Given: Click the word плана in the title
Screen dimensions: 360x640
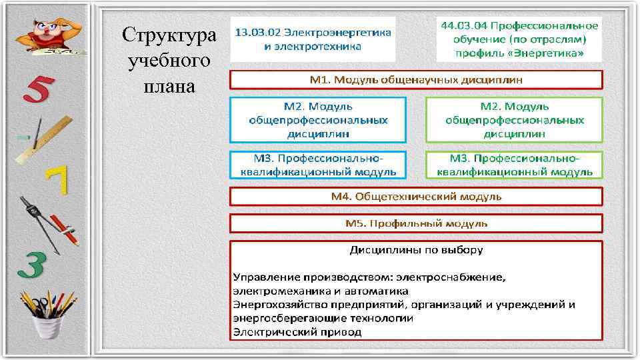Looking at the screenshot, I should pyautogui.click(x=169, y=87).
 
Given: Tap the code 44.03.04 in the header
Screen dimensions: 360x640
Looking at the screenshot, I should pyautogui.click(x=465, y=26).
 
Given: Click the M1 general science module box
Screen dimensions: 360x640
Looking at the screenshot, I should pyautogui.click(x=416, y=80).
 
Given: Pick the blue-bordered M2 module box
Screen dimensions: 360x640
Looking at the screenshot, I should pyautogui.click(x=318, y=120).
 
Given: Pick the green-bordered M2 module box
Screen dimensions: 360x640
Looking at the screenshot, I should pyautogui.click(x=514, y=120).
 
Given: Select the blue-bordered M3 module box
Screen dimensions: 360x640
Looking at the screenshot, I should pyautogui.click(x=318, y=165).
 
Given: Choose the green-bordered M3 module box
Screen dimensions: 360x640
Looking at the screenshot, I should pyautogui.click(x=514, y=165).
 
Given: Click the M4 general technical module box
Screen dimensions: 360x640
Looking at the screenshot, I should pyautogui.click(x=416, y=197).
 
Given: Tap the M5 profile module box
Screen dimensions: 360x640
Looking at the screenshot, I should pyautogui.click(x=416, y=223).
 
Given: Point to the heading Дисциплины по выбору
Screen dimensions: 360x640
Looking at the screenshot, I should pyautogui.click(x=417, y=251).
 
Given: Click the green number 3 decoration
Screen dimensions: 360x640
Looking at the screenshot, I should pyautogui.click(x=31, y=264).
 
